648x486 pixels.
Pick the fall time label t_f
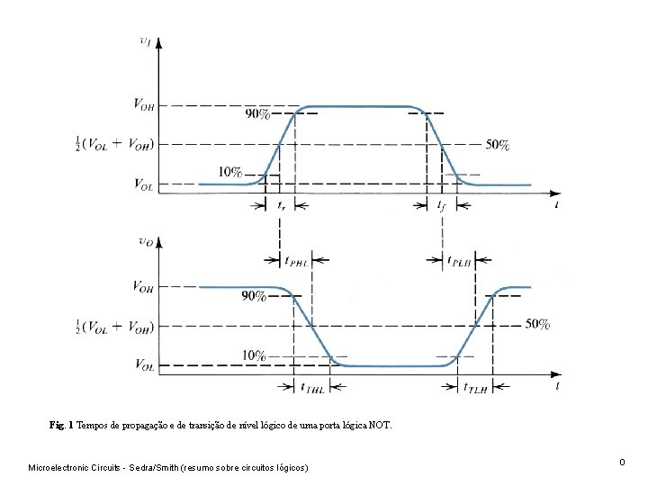[442, 206]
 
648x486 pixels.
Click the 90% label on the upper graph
[257, 113]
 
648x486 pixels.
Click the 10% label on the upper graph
[230, 173]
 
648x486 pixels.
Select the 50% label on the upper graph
[498, 144]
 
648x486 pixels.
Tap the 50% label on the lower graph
[537, 324]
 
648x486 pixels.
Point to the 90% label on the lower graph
[254, 295]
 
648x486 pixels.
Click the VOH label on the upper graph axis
[143, 106]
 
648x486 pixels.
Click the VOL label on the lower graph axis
[142, 365]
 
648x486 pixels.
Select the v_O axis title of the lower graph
[145, 240]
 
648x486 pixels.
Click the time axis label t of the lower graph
[557, 385]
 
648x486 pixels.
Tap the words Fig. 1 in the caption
[61, 424]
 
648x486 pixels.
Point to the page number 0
[622, 462]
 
